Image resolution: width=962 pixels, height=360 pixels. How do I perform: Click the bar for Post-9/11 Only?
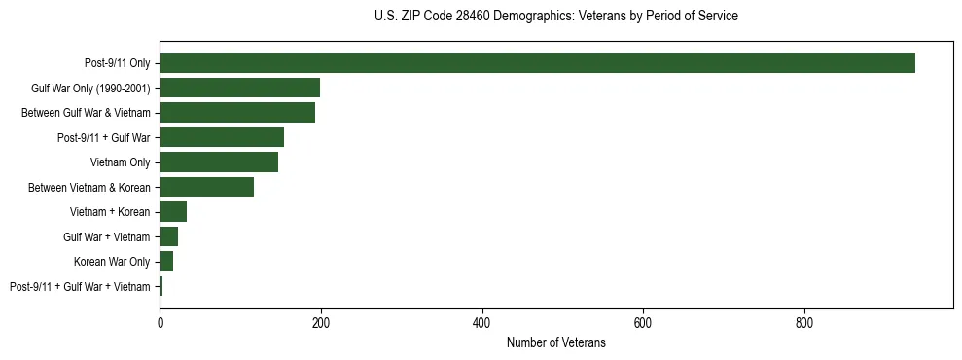coord(537,63)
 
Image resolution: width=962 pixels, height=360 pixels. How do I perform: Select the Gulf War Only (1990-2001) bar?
coord(239,88)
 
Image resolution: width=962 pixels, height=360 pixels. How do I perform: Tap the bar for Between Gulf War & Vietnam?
coord(237,113)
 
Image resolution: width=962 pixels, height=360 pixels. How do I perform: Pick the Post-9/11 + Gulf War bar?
coord(222,137)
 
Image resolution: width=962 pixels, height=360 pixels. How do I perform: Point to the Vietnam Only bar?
coord(219,162)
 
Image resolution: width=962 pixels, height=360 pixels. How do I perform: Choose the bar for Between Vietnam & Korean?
coord(206,187)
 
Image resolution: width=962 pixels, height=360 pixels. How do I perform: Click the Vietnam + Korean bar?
coord(173,212)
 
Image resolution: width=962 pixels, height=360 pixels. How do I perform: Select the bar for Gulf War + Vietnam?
coord(169,236)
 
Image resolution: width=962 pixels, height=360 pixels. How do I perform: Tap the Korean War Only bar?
coord(166,262)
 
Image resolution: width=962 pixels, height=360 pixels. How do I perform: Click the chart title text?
coord(555,17)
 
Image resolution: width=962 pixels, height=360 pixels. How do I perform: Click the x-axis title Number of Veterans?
coord(555,343)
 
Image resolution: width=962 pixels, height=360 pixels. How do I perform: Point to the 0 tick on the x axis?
coord(160,320)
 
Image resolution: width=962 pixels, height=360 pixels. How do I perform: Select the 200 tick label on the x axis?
coord(321,320)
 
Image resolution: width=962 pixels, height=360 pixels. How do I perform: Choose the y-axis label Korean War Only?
coord(112,262)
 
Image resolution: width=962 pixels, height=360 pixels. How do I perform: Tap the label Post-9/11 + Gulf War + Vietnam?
coord(80,286)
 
